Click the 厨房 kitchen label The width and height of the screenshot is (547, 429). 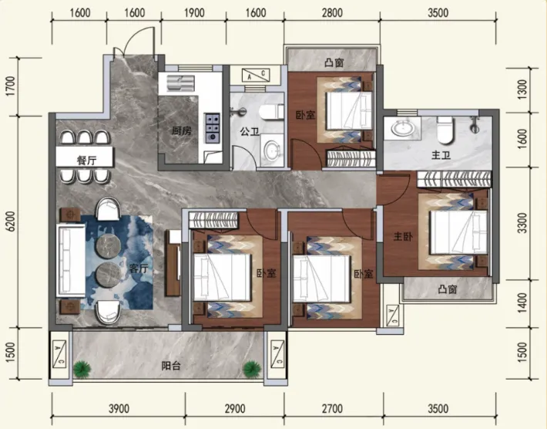click(x=182, y=131)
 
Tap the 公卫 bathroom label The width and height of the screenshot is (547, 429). click(x=250, y=132)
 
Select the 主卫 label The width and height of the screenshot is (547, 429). click(x=441, y=155)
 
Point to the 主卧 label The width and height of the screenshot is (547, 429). click(x=403, y=237)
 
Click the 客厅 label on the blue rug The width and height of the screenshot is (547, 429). click(x=139, y=269)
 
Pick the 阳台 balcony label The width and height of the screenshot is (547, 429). click(x=171, y=366)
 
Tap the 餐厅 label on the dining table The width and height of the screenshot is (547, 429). click(x=86, y=160)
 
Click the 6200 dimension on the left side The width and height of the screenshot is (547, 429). click(x=11, y=221)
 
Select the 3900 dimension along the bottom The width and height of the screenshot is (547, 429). click(x=119, y=408)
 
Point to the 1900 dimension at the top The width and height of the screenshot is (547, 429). click(x=194, y=13)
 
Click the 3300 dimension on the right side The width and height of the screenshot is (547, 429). click(x=522, y=223)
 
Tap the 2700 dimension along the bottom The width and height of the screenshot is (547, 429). click(x=332, y=408)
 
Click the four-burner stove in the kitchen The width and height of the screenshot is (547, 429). click(x=212, y=128)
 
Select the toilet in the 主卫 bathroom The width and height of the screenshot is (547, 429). click(x=445, y=130)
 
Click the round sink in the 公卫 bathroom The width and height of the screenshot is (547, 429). click(x=272, y=150)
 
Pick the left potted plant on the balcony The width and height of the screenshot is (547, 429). click(x=82, y=369)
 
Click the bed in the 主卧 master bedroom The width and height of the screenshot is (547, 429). click(x=458, y=232)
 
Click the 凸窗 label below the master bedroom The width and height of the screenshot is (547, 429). click(x=448, y=289)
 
